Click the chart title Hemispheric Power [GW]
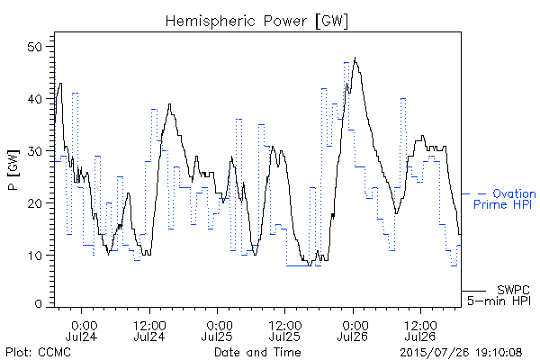pyautogui.click(x=256, y=22)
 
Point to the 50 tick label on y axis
pyautogui.click(x=34, y=47)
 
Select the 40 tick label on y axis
pyautogui.click(x=34, y=99)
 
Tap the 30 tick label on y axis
pyautogui.click(x=34, y=151)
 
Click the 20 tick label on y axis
pyautogui.click(x=34, y=202)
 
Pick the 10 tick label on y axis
pyautogui.click(x=34, y=256)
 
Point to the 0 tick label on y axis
pyautogui.click(x=38, y=304)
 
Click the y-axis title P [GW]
pyautogui.click(x=13, y=169)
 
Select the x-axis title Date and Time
pyautogui.click(x=257, y=352)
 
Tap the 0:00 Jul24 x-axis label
pyautogui.click(x=82, y=330)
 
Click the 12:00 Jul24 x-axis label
pyautogui.click(x=149, y=330)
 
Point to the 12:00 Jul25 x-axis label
pyautogui.click(x=284, y=330)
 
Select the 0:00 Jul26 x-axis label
pyautogui.click(x=353, y=330)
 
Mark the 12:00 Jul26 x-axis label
pyautogui.click(x=420, y=330)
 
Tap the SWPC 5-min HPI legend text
pyautogui.click(x=499, y=295)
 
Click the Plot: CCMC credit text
pyautogui.click(x=39, y=352)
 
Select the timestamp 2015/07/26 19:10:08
pyautogui.click(x=461, y=352)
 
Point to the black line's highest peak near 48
pyautogui.click(x=355, y=58)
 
